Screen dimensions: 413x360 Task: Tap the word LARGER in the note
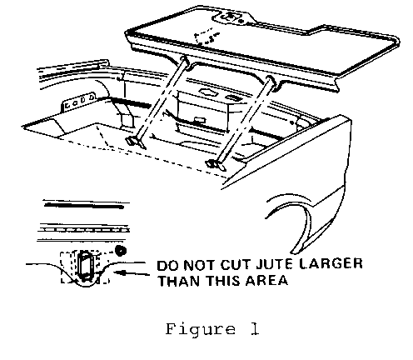[x=331, y=263]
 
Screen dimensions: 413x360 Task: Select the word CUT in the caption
[x=234, y=265]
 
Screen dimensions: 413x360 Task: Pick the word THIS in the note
[x=223, y=281]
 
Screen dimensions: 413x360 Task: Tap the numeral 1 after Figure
[x=255, y=329]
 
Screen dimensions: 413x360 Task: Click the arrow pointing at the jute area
[x=132, y=273]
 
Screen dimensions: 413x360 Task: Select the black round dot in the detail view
[x=121, y=251]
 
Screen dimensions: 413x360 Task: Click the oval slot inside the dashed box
[x=85, y=265]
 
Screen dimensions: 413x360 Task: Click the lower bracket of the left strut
[x=137, y=142]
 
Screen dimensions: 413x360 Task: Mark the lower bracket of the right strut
[x=216, y=165]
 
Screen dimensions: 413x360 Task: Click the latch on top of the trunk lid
[x=231, y=17]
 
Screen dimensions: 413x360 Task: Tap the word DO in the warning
[x=167, y=266]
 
